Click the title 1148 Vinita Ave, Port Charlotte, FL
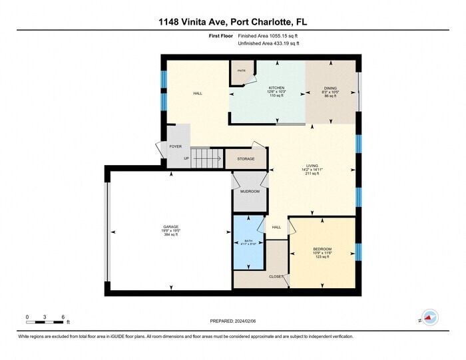(233, 21)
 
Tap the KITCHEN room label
(276, 88)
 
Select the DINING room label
(331, 88)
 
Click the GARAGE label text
(171, 227)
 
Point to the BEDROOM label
(322, 249)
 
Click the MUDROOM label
(250, 191)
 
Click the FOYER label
(176, 146)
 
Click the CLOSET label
(276, 276)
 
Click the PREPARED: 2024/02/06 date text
(233, 321)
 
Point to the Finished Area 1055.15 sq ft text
(268, 36)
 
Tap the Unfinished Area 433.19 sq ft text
(268, 43)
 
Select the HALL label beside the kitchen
(198, 93)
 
